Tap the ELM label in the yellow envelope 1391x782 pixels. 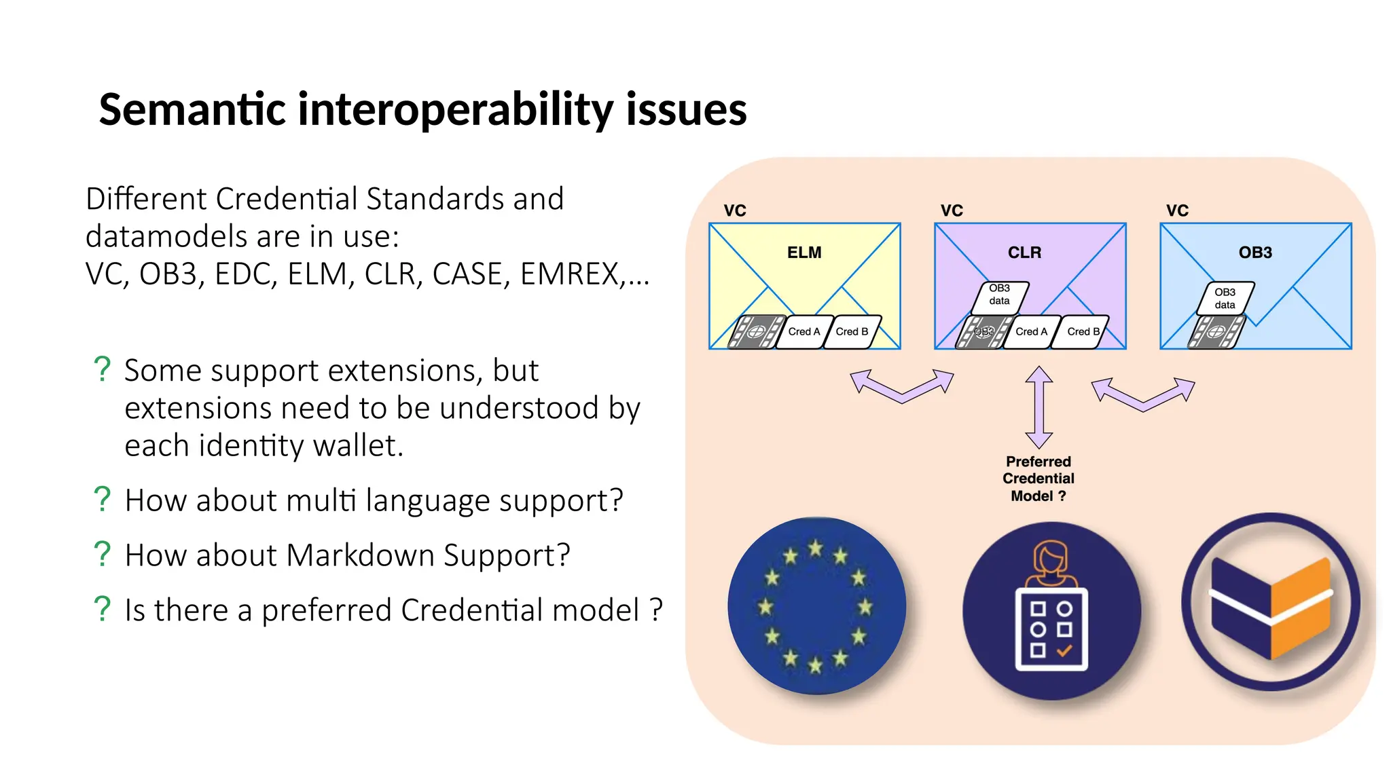804,253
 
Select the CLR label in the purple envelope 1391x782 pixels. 1024,253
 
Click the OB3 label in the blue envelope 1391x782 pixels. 1255,253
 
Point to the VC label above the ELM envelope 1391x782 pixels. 735,210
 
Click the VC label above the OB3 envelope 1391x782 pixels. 1177,210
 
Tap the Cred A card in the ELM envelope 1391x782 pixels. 804,332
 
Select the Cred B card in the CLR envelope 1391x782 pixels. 1083,332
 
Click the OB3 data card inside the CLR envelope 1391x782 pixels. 1000,295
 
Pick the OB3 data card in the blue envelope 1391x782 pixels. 1225,299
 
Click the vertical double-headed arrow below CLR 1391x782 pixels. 1038,407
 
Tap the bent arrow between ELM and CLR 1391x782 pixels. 902,388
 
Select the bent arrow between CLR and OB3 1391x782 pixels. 1143,396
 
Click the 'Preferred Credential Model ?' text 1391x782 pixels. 1038,479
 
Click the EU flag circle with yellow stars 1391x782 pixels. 816,606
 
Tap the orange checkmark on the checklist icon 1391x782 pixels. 1064,650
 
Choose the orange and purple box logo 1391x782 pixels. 1271,602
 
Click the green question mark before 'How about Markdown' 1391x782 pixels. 102,555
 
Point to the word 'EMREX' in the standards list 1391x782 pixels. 569,274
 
